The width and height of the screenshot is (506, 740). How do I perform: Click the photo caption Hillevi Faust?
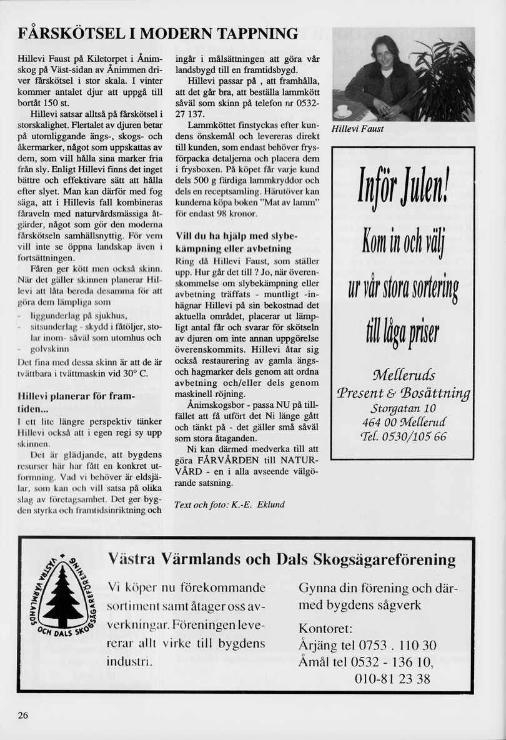(358, 129)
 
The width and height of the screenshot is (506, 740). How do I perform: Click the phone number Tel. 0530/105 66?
(403, 437)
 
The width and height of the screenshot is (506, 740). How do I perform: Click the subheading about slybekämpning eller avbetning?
(239, 243)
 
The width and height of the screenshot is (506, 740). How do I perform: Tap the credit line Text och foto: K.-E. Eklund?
(229, 505)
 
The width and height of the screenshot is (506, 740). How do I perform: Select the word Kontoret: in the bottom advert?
(325, 628)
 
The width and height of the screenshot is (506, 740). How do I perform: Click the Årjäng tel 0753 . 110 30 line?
(367, 646)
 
